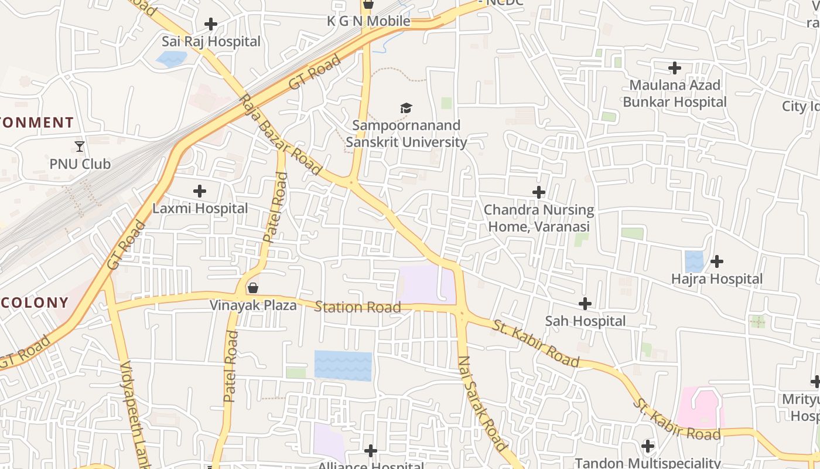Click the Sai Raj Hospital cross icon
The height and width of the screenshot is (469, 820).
(x=211, y=24)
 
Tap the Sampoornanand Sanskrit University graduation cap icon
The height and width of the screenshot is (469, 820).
(x=406, y=108)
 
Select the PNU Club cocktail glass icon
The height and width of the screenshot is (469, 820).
(x=80, y=146)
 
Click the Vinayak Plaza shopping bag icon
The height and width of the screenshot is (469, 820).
(x=253, y=288)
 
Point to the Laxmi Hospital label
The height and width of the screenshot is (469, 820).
(x=200, y=209)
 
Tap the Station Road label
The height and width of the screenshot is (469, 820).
(x=358, y=307)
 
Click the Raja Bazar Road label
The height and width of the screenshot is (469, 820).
(x=281, y=134)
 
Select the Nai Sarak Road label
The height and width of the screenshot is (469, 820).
(x=481, y=403)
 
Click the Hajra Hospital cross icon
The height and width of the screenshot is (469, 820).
(x=717, y=261)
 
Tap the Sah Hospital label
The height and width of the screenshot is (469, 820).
(x=585, y=321)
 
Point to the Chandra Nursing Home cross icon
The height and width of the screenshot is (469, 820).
(x=538, y=192)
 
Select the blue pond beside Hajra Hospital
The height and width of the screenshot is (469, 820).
(x=694, y=261)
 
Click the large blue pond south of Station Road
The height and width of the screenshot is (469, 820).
(x=343, y=366)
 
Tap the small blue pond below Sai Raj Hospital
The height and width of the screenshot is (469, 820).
(x=172, y=59)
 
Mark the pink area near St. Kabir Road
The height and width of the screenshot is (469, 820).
(x=700, y=408)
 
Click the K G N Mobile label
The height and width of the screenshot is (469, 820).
(x=368, y=22)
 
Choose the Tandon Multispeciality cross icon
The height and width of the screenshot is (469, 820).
(x=648, y=446)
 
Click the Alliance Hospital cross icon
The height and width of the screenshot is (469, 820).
(x=371, y=451)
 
